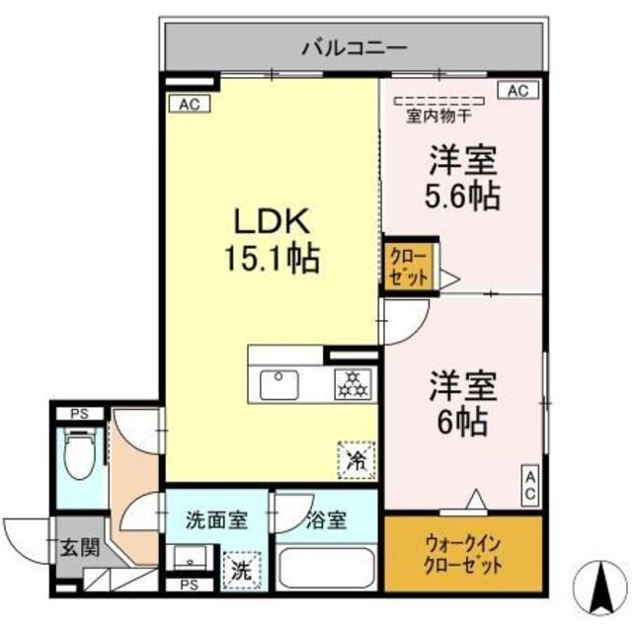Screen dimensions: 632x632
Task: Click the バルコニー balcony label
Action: click(355, 48)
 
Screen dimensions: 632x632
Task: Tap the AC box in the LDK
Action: click(190, 104)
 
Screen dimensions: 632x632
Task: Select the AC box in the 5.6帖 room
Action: click(518, 91)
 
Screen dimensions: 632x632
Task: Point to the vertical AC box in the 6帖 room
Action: click(529, 486)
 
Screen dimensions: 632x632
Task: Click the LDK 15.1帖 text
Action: click(273, 240)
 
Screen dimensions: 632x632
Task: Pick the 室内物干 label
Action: click(438, 117)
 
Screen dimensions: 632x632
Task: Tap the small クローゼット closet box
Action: click(409, 267)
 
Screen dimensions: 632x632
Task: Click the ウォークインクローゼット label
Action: click(463, 555)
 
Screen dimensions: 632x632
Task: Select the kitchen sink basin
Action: click(279, 385)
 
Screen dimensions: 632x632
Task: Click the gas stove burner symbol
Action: click(353, 384)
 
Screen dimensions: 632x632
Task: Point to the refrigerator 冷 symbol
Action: click(356, 460)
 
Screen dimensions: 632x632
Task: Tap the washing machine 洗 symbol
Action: click(242, 571)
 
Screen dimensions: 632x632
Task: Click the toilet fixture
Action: click(80, 452)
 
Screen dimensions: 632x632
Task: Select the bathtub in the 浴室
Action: click(327, 569)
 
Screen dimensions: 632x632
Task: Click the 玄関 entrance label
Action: click(79, 548)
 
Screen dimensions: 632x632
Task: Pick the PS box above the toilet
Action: click(79, 414)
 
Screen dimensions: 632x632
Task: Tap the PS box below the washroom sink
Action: click(190, 585)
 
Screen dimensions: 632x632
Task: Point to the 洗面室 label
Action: click(216, 520)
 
